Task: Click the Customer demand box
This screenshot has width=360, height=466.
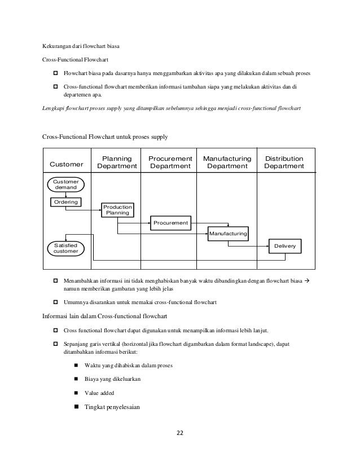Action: pos(67,184)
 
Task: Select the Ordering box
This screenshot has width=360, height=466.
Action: pos(66,201)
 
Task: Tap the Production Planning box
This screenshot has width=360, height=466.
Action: pos(117,210)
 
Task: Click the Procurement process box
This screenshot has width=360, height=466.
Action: pos(171,223)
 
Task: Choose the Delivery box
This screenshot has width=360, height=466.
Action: pos(285,247)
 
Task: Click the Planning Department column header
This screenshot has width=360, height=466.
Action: pos(117,162)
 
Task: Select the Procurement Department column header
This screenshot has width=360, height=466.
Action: pos(170,162)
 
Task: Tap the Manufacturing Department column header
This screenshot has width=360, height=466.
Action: pos(227,162)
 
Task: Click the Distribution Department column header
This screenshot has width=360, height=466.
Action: pos(284,162)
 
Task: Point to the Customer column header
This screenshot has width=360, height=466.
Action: pos(66,165)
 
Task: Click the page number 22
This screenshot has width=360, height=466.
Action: pos(180,433)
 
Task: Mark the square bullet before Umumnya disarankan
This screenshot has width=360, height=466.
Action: pos(56,302)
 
